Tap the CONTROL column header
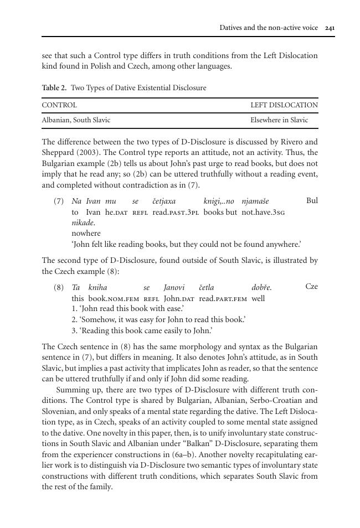[x=59, y=105]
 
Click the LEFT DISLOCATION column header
[x=284, y=105]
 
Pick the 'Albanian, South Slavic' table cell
[x=76, y=120]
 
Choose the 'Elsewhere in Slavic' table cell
[x=279, y=120]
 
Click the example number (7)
[x=59, y=201]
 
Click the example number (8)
[x=59, y=288]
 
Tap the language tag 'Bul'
[x=312, y=200]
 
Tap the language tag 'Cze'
[x=311, y=287]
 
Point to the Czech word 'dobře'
[x=261, y=288]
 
